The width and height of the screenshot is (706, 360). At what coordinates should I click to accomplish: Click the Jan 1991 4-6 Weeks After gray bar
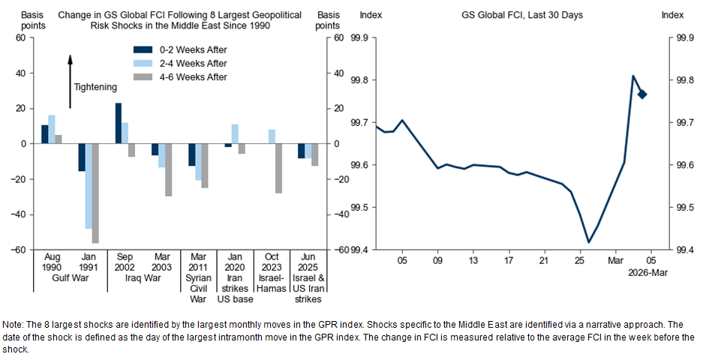pos(95,193)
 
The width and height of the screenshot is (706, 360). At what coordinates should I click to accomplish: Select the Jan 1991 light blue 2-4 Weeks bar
pos(89,186)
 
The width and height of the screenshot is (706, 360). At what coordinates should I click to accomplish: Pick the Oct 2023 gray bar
pos(278,168)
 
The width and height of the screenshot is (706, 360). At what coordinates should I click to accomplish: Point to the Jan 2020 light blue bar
pos(235,133)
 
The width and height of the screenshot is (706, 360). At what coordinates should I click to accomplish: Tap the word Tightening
pos(95,87)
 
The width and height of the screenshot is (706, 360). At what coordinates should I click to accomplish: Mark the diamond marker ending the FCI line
pos(642,94)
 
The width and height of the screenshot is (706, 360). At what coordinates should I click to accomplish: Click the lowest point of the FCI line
pos(589,241)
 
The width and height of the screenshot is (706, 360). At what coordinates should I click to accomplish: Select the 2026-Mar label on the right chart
pos(647,274)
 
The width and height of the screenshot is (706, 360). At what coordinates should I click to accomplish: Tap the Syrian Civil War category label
pos(198,288)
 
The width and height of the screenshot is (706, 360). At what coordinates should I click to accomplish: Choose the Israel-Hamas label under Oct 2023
pos(272,288)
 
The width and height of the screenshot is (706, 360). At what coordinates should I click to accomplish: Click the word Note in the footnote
pos(13,324)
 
